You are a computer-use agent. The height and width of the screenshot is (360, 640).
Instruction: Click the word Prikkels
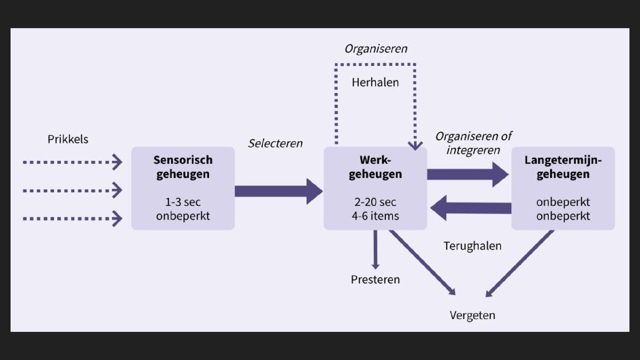click(x=68, y=139)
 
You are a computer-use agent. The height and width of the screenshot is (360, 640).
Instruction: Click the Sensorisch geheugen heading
click(x=183, y=167)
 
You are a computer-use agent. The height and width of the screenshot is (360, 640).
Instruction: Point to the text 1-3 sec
click(x=183, y=202)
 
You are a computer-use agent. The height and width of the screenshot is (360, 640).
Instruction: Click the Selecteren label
click(x=275, y=143)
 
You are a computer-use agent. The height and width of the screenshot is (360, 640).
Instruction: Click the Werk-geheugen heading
click(x=375, y=167)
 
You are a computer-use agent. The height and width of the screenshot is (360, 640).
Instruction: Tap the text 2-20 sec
click(x=375, y=202)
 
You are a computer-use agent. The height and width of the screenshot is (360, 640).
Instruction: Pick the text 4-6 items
click(x=375, y=216)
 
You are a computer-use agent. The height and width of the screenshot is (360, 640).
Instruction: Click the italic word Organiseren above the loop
click(x=376, y=48)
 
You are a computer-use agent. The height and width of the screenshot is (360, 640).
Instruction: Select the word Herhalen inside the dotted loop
click(x=375, y=82)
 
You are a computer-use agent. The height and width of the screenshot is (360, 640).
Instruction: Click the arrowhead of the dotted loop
click(x=415, y=145)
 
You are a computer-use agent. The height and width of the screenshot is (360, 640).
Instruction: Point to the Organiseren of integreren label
click(x=473, y=143)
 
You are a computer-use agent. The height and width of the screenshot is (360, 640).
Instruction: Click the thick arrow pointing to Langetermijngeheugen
click(x=467, y=174)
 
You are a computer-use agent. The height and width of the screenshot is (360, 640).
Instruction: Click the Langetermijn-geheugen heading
click(x=563, y=167)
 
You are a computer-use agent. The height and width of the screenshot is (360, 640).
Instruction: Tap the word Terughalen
click(x=472, y=246)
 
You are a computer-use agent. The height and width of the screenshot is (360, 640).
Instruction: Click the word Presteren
click(x=375, y=279)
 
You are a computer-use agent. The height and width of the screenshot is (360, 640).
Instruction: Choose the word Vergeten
click(x=472, y=315)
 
